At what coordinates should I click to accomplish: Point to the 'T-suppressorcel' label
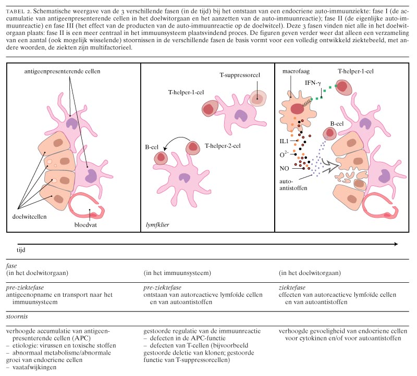tap(242, 75)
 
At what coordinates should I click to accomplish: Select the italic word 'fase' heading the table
tap(11, 265)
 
